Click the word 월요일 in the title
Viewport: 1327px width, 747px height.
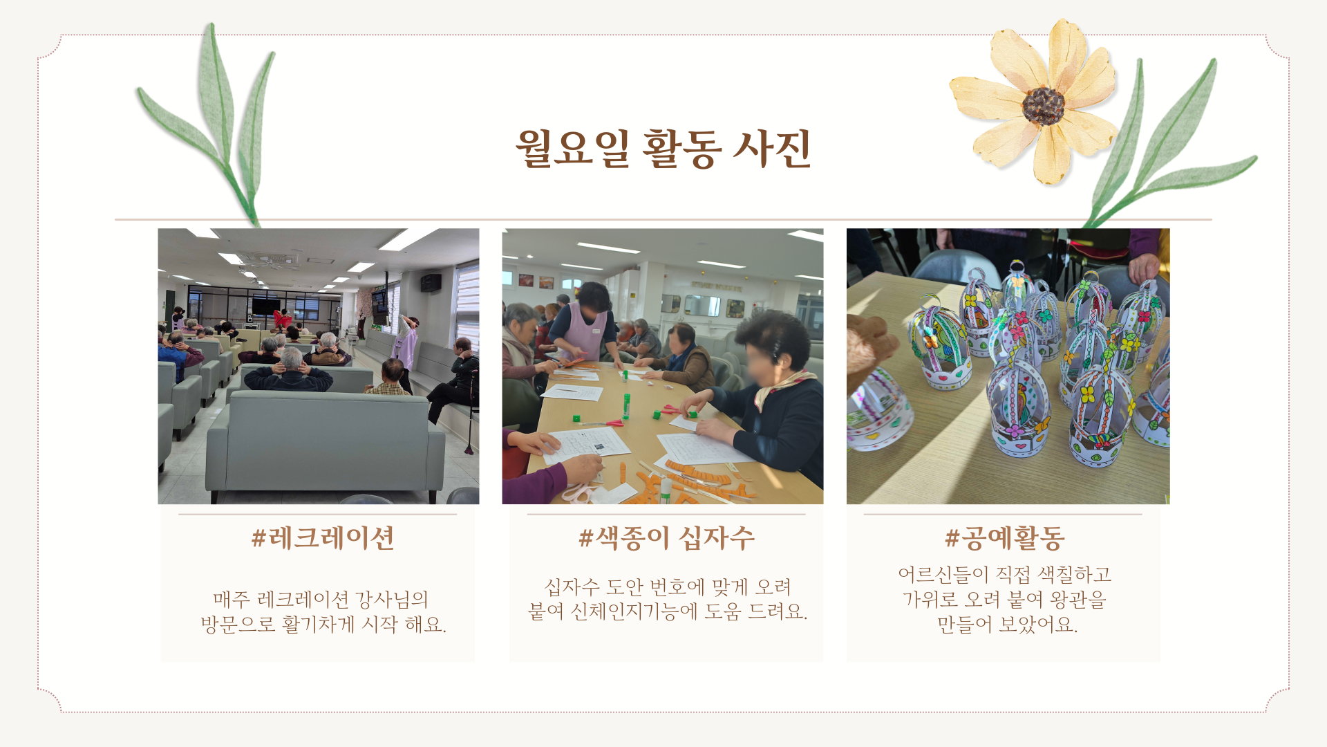pyautogui.click(x=572, y=148)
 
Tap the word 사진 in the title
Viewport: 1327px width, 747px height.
pyautogui.click(x=771, y=148)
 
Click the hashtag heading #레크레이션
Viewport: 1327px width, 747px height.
pyautogui.click(x=323, y=538)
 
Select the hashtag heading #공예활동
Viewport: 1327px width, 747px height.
pyautogui.click(x=1005, y=538)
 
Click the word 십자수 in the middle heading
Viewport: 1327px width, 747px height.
pyautogui.click(x=717, y=538)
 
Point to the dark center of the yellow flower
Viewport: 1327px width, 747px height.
pyautogui.click(x=1043, y=105)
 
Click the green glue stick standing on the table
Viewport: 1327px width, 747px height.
pyautogui.click(x=626, y=406)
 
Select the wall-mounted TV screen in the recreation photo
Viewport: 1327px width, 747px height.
pyautogui.click(x=265, y=305)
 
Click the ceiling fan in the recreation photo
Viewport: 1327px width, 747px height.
pyautogui.click(x=270, y=261)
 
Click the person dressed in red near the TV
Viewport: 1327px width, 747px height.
pyautogui.click(x=282, y=319)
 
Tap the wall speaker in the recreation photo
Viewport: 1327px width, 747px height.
pyautogui.click(x=431, y=282)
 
